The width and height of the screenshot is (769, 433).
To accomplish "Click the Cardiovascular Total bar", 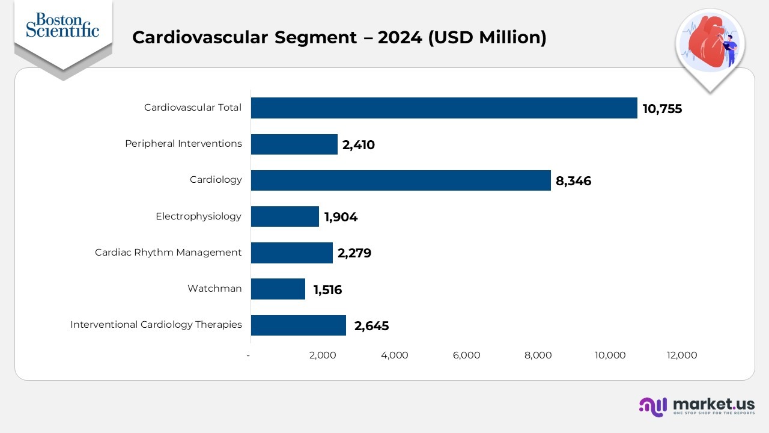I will pos(444,108).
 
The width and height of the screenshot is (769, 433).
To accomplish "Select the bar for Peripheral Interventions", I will pos(294,144).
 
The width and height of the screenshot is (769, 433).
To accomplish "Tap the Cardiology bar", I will pos(401,180).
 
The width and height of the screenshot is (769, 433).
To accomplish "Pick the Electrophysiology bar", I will pos(285,216).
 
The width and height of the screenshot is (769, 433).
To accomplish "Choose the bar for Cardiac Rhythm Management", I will pos(291,253).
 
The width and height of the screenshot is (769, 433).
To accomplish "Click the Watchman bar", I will pos(278,289).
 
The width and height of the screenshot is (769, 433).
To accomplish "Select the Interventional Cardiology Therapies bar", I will pos(299,325).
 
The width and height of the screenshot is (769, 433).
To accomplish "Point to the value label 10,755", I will pos(662,109).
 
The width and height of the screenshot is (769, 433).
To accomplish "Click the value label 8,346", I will pos(573,181).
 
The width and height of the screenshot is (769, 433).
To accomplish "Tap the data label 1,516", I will pos(327,290).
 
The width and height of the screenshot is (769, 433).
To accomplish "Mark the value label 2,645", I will pos(371,326).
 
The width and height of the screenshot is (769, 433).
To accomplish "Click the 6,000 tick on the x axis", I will pos(466,355).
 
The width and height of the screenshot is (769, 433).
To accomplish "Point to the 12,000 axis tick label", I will pos(682,355).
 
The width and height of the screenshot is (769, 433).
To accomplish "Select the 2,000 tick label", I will pos(323,355).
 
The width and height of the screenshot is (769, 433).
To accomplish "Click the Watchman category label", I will pos(214,289).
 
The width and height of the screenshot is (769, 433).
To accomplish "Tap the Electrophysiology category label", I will pos(198,216).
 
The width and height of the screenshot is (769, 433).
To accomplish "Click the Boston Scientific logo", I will pos(62,25).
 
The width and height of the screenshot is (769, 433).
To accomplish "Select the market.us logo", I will pos(697,406).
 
